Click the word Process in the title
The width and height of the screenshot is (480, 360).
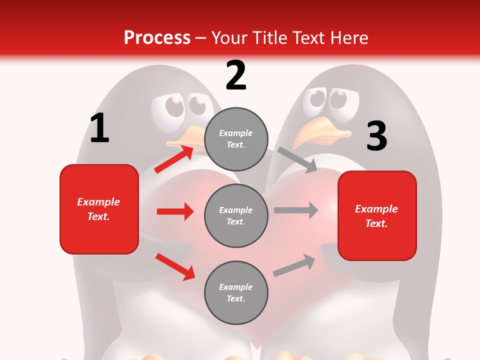click(157, 37)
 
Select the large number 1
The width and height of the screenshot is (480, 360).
click(99, 128)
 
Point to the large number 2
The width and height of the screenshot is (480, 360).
click(236, 76)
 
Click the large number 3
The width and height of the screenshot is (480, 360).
click(376, 136)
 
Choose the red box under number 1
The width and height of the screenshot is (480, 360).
click(99, 209)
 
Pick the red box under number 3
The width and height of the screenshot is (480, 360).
click(377, 215)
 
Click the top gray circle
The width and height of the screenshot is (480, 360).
click(236, 139)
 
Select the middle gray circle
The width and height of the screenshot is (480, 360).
click(236, 215)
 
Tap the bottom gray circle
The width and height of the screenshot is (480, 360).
click(236, 292)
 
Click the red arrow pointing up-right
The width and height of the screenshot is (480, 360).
click(174, 158)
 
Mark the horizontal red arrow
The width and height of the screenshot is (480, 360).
click(175, 211)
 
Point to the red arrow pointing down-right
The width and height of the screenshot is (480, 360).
click(175, 266)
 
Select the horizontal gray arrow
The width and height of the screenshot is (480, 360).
click(296, 210)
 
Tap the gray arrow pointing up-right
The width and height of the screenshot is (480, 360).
click(294, 265)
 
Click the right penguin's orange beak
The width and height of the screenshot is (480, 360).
click(320, 130)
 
